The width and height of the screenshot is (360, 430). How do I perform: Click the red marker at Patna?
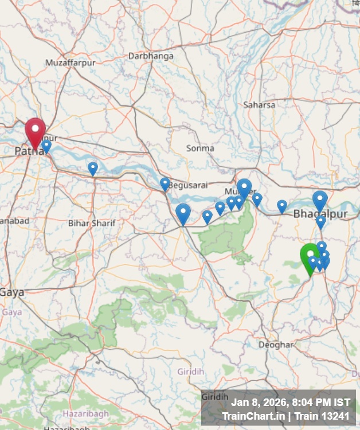pos(35,131)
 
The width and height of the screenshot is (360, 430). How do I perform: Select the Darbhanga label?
pos(151,56)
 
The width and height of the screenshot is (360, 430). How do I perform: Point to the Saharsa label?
pos(259,105)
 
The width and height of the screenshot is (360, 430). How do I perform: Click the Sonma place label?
pos(200,148)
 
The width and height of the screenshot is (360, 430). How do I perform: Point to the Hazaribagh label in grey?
pos(73,413)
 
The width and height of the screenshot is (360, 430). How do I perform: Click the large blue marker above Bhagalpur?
pos(320,200)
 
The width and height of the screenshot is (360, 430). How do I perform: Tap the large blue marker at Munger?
pos(244,188)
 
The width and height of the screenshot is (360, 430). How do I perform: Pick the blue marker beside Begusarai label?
pos(165,183)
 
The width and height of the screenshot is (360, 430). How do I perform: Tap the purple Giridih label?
pos(190,372)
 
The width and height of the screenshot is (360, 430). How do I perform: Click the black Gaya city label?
pos(12,292)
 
